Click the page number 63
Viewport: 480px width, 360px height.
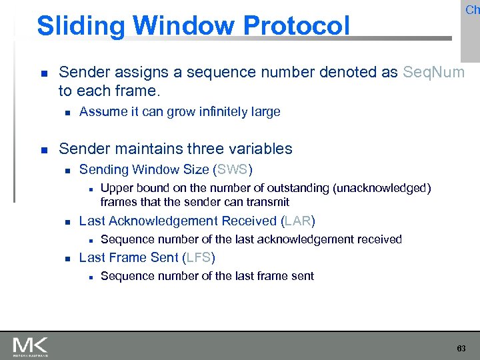coord(461,349)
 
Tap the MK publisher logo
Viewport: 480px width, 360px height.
coord(30,347)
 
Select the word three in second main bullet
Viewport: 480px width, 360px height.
coord(188,149)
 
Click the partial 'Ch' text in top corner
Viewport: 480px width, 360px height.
coord(472,9)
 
